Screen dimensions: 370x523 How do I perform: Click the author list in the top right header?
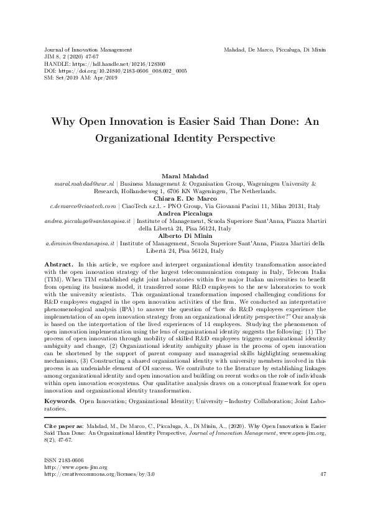pos(275,48)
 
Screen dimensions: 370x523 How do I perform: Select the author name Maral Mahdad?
pos(185,177)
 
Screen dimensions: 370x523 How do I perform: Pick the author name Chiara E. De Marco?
pos(185,199)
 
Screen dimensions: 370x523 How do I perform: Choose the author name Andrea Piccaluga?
pos(185,214)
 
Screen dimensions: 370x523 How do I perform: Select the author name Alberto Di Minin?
pos(185,236)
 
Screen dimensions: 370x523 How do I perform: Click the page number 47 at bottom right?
pos(323,475)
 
